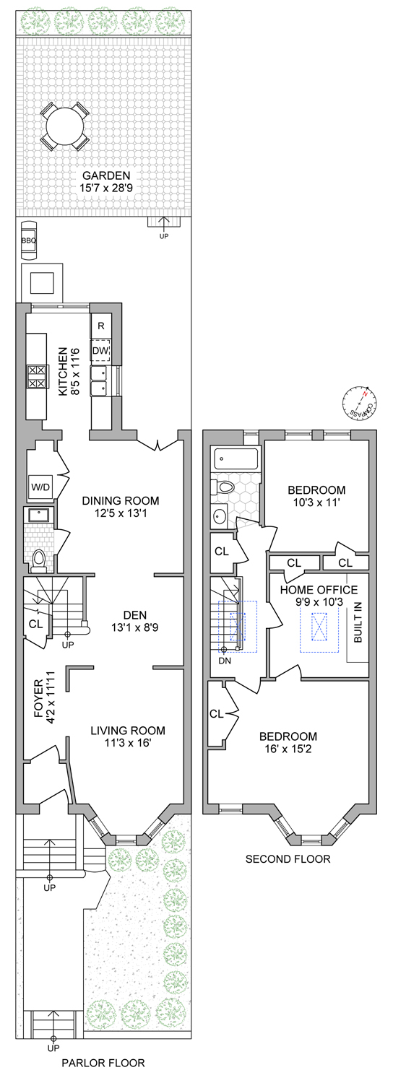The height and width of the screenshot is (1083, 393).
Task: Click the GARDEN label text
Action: point(105,175)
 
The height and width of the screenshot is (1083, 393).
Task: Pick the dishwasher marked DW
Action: point(100,352)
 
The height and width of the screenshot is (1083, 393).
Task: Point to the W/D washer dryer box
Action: point(39,486)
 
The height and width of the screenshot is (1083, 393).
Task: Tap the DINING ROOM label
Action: point(120,500)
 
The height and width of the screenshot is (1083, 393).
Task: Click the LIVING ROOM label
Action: point(127,730)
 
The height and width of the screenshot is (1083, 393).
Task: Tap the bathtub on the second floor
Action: point(236,459)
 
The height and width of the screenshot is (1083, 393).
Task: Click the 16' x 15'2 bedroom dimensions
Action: point(289,749)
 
